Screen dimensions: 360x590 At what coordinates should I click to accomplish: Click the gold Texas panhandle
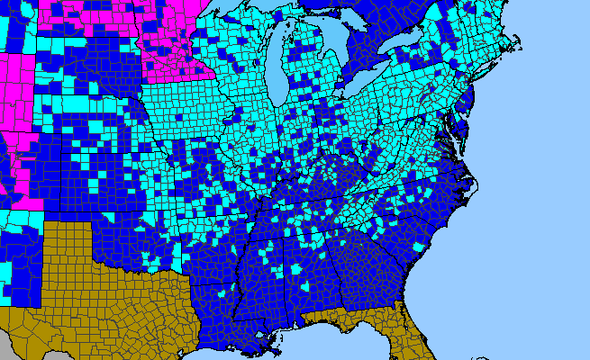click(x=68, y=243)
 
